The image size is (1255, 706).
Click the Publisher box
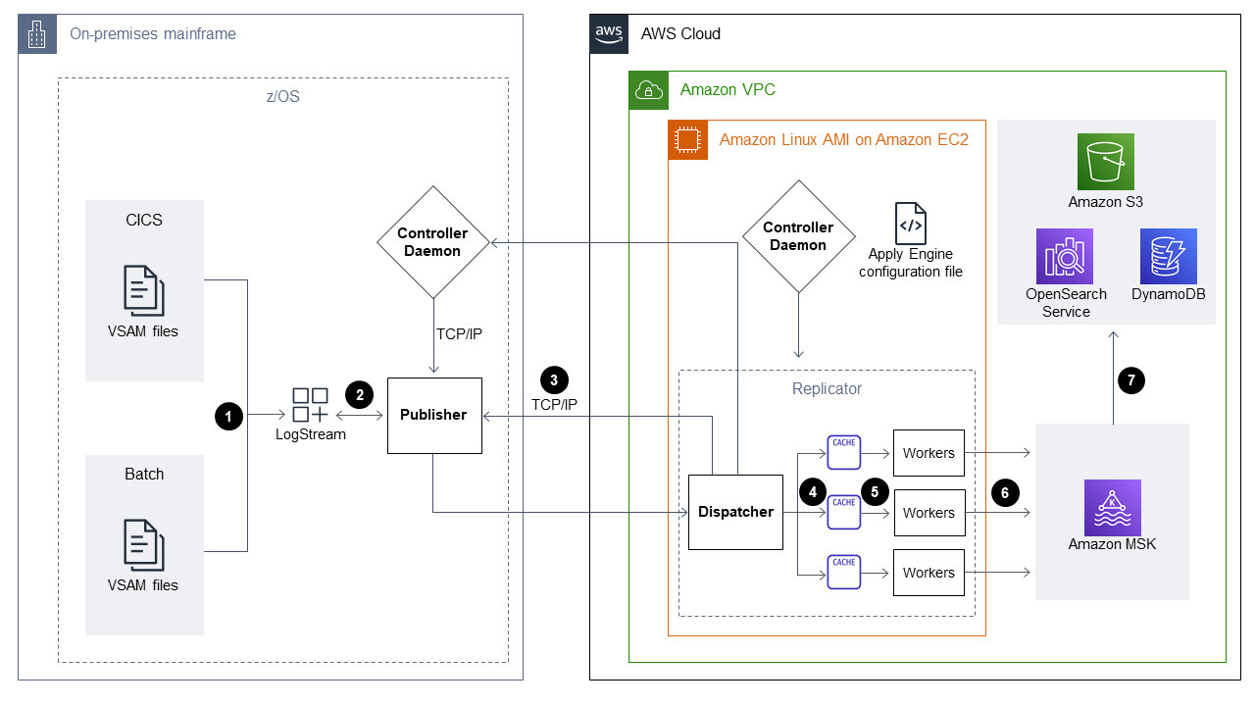pyautogui.click(x=434, y=415)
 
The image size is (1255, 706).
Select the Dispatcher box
pyautogui.click(x=735, y=512)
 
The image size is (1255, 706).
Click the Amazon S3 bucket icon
pyautogui.click(x=1105, y=162)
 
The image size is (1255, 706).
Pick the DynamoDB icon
pyautogui.click(x=1168, y=256)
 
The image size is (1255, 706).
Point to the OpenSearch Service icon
pyautogui.click(x=1064, y=256)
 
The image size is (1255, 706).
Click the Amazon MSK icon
pyautogui.click(x=1112, y=507)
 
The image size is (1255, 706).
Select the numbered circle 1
pyautogui.click(x=227, y=416)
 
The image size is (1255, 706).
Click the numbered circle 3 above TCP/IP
pyautogui.click(x=553, y=380)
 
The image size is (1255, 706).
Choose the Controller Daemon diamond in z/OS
pyautogui.click(x=433, y=242)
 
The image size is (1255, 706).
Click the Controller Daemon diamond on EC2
pyautogui.click(x=798, y=236)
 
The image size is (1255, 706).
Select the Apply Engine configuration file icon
pyautogui.click(x=910, y=224)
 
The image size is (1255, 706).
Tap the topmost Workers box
pyautogui.click(x=929, y=453)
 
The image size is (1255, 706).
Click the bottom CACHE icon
pyautogui.click(x=843, y=572)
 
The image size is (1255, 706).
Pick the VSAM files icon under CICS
pyautogui.click(x=143, y=289)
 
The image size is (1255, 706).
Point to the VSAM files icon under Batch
pyautogui.click(x=143, y=544)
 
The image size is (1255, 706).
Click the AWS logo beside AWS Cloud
pyautogui.click(x=609, y=33)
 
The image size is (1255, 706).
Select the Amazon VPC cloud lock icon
pyautogui.click(x=648, y=90)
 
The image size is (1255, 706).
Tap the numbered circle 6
pyautogui.click(x=1004, y=492)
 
